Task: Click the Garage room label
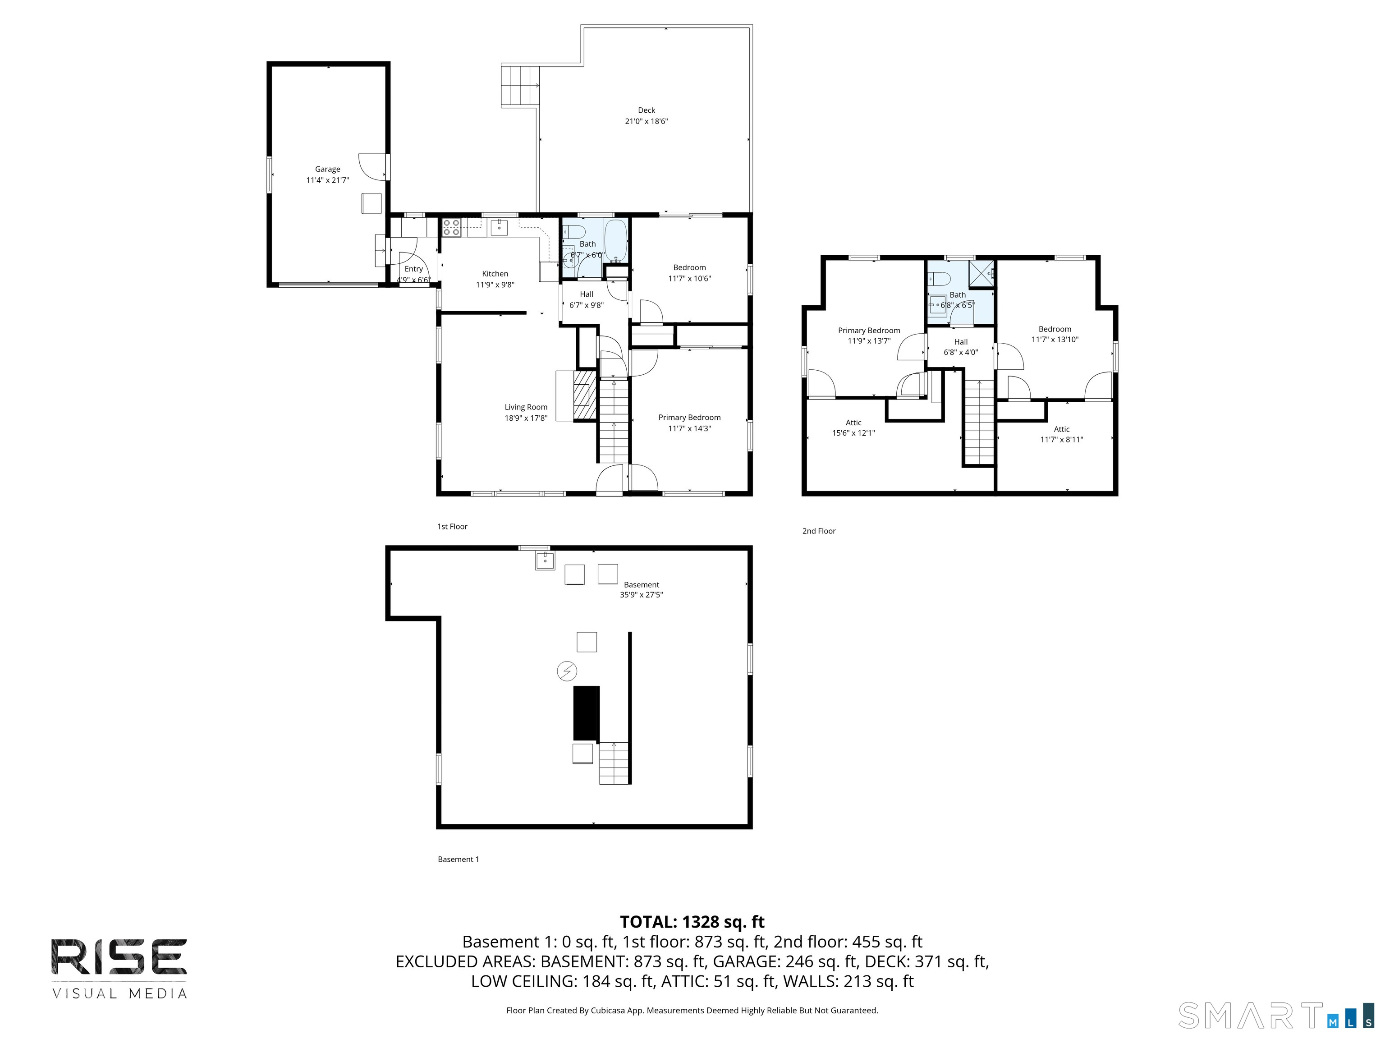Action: [x=327, y=169]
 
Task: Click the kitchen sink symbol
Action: [x=499, y=227]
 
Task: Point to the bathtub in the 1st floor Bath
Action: [x=616, y=240]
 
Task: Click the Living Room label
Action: [x=526, y=407]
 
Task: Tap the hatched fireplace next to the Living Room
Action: [x=585, y=395]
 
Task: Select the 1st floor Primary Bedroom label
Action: [x=689, y=418]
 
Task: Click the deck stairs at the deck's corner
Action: [x=520, y=85]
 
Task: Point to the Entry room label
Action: [x=413, y=269]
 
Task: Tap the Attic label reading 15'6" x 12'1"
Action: [x=853, y=428]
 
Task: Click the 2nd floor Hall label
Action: [x=960, y=342]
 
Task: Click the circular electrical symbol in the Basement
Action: [x=567, y=671]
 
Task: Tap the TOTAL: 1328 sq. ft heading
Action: [x=692, y=922]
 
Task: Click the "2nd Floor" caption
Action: [x=819, y=531]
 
